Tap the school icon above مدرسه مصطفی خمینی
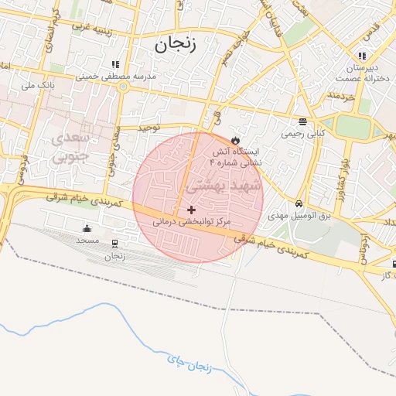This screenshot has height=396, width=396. pos(115,64)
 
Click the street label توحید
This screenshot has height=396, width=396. pos(148,126)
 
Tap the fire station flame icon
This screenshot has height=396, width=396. pos(236,140)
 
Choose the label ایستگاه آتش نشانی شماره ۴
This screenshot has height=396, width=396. pos(237,158)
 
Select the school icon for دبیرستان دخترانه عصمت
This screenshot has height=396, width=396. pos(361,55)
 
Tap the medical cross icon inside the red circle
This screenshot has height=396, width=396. pos(192,210)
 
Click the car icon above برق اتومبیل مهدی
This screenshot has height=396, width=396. pos(298,204)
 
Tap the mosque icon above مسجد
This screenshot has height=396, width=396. pos(87,228)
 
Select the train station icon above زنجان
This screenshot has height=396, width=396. pos(114,244)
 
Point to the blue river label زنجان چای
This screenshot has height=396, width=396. pos(188,360)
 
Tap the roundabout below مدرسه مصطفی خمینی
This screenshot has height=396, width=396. pos(123,87)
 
